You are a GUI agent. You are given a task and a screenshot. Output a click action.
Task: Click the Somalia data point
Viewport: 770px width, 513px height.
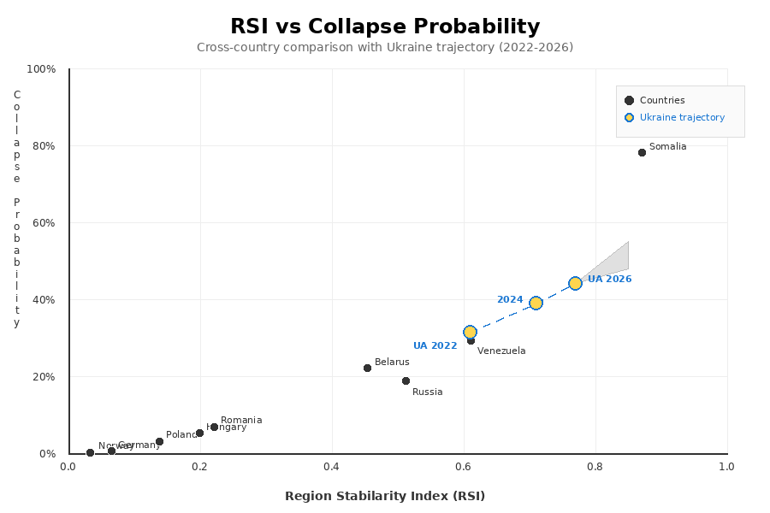tap(642, 152)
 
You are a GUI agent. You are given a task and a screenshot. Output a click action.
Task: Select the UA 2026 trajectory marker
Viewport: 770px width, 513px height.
tap(575, 283)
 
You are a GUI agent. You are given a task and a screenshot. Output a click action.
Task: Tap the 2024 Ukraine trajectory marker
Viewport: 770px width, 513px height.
tap(536, 303)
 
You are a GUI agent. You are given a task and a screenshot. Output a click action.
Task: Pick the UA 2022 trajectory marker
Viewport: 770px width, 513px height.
tap(470, 332)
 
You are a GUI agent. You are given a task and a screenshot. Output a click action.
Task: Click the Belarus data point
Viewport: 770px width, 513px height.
tap(367, 368)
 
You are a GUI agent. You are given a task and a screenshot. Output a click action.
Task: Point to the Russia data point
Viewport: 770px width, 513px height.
tap(406, 380)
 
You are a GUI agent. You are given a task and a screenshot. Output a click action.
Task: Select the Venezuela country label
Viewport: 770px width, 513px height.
tap(501, 351)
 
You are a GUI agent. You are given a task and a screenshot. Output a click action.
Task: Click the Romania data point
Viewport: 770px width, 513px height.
tap(214, 427)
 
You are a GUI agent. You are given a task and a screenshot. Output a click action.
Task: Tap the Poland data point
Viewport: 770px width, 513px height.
tap(159, 442)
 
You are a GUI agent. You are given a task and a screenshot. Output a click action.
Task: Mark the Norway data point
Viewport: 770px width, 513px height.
tap(90, 452)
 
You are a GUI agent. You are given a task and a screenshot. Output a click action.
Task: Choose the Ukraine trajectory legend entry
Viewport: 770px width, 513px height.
tap(681, 118)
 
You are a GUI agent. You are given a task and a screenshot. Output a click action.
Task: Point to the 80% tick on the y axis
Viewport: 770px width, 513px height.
tap(44, 146)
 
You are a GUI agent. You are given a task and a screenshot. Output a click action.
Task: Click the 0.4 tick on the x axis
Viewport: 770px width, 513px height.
tap(332, 467)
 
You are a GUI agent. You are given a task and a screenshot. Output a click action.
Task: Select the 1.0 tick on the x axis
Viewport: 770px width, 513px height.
tap(726, 467)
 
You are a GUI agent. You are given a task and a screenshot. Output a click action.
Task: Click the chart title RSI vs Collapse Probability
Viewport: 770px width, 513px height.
tap(385, 27)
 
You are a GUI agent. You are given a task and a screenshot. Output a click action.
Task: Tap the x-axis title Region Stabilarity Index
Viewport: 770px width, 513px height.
tap(385, 496)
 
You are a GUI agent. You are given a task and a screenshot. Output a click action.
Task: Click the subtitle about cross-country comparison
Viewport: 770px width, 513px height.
tap(385, 48)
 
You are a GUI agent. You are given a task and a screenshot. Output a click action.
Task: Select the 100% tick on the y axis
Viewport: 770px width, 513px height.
tap(42, 69)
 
